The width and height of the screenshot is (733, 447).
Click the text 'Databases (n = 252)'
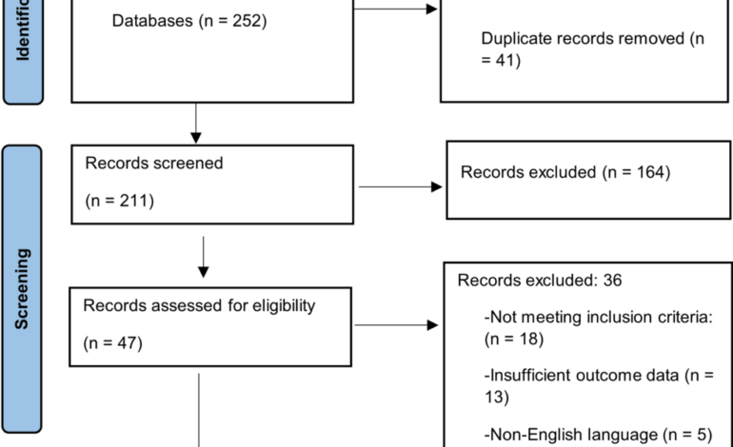pos(188,20)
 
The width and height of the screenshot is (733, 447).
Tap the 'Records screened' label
pos(154,163)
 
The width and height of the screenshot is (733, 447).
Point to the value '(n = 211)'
pos(120,201)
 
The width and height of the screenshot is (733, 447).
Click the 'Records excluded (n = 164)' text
pos(565,172)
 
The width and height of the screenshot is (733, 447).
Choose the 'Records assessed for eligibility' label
pos(199,305)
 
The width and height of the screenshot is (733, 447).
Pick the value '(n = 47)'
pos(113,342)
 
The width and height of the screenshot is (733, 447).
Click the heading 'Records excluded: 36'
pos(540,281)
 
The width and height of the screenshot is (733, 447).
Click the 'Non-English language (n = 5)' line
pos(598,435)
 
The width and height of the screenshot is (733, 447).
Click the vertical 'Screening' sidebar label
pos(23,289)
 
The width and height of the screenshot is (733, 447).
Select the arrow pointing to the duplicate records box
pos(395,10)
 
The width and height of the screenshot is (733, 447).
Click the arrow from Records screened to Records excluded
pos(400,186)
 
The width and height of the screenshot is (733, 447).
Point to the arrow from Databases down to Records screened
pos(195,121)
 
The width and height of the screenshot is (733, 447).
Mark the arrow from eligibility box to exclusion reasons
pos(396,325)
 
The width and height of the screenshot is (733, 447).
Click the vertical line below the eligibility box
pos(199,409)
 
